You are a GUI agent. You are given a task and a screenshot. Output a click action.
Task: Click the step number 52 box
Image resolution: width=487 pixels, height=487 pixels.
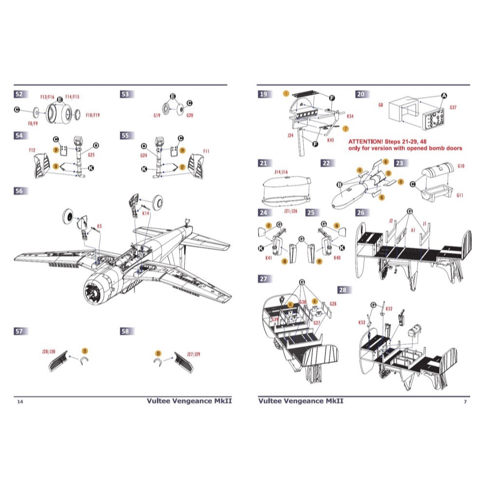tap(19, 94)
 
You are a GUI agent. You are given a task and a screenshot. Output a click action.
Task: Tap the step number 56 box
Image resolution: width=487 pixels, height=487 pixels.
tap(19, 191)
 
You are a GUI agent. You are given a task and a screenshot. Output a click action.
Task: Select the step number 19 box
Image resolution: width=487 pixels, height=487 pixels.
tap(263, 94)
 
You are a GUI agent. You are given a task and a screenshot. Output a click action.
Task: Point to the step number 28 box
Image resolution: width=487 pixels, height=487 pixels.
tap(344, 290)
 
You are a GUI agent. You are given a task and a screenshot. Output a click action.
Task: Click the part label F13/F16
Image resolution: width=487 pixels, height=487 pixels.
tap(47, 97)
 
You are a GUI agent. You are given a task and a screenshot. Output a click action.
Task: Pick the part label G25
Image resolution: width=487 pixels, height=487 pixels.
tap(92, 155)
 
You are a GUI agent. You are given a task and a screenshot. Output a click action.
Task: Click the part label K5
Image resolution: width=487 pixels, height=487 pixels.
tap(99, 226)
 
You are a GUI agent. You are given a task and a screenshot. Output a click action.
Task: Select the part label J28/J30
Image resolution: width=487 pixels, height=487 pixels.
tap(49, 351)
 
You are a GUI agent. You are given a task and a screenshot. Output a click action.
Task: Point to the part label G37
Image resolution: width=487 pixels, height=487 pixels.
tap(452, 108)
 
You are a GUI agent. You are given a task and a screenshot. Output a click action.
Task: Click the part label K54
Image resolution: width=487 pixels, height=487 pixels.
tap(350, 117)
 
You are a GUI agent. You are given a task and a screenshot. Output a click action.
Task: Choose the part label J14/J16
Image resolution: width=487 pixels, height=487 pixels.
tap(281, 172)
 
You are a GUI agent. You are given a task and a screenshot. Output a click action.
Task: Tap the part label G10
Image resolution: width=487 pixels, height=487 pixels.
tap(461, 166)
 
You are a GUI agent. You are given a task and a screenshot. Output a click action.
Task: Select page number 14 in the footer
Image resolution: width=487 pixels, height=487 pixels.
tap(19, 402)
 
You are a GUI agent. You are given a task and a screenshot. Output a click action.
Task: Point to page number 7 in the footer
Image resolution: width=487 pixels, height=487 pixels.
tap(465, 402)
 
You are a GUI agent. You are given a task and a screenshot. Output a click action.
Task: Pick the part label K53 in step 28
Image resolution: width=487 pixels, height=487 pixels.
tap(361, 322)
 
